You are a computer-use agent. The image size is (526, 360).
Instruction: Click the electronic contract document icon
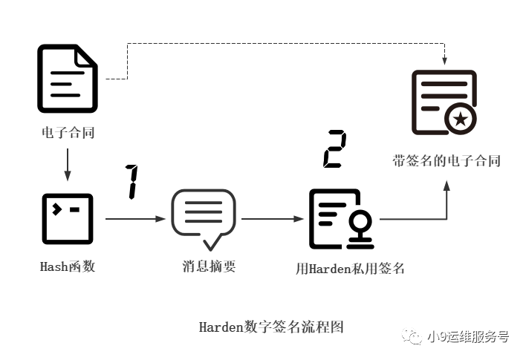click(68, 79)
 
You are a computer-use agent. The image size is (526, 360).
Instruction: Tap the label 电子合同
click(68, 134)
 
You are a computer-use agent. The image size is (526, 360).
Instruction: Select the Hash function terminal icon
click(68, 219)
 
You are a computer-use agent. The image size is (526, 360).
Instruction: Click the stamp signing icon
click(341, 219)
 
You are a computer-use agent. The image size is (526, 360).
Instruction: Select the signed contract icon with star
click(444, 102)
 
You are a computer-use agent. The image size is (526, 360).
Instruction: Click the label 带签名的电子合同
click(447, 160)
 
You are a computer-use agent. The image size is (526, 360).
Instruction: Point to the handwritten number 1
click(132, 182)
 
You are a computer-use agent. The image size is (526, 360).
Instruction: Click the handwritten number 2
click(334, 149)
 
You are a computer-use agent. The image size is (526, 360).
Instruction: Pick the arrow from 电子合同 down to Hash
click(68, 166)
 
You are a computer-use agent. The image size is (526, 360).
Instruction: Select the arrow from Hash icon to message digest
click(134, 219)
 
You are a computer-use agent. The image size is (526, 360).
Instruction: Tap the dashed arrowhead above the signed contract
click(444, 59)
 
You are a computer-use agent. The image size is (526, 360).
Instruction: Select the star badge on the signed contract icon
click(461, 118)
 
